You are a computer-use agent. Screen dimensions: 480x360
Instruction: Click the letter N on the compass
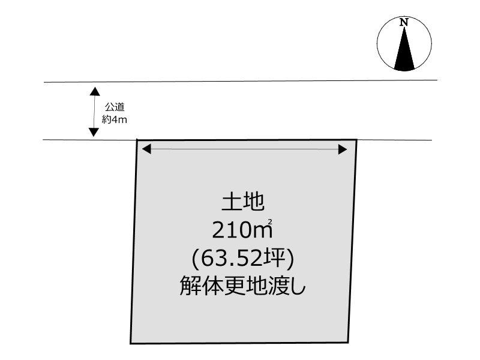point(404,22)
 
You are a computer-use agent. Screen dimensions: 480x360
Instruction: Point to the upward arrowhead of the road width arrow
point(94,92)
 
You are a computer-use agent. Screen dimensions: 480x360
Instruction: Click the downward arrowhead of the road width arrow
point(94,132)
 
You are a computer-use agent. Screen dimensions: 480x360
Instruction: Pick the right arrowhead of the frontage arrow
point(343,149)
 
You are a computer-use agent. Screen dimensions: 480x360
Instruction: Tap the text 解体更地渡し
point(242,286)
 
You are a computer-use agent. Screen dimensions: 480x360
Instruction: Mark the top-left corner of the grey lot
point(138,140)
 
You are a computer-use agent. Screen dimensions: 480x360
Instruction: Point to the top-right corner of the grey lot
point(356,140)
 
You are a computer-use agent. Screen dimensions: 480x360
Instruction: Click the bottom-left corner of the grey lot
point(131,343)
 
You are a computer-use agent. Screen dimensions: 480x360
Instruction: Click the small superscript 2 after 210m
point(271,222)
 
